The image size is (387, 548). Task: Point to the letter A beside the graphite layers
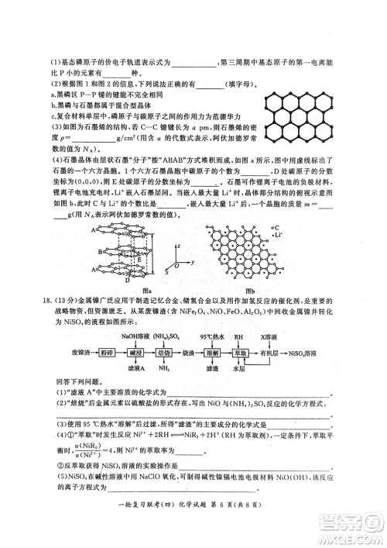click(x=94, y=231)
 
